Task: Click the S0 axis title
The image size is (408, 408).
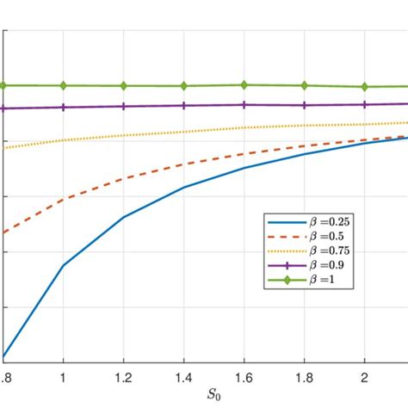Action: pyautogui.click(x=213, y=395)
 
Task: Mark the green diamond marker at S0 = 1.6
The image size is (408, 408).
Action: pyautogui.click(x=244, y=85)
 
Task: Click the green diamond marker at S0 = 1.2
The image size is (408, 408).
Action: pyautogui.click(x=123, y=86)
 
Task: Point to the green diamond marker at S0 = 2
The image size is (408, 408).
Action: pyautogui.click(x=365, y=87)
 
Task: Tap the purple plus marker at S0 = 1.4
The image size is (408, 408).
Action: pyautogui.click(x=183, y=106)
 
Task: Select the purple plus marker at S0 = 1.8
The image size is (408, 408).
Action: pyautogui.click(x=305, y=105)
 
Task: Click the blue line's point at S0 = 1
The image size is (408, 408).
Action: pyautogui.click(x=63, y=265)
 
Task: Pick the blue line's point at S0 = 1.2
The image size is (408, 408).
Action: pyautogui.click(x=123, y=217)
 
